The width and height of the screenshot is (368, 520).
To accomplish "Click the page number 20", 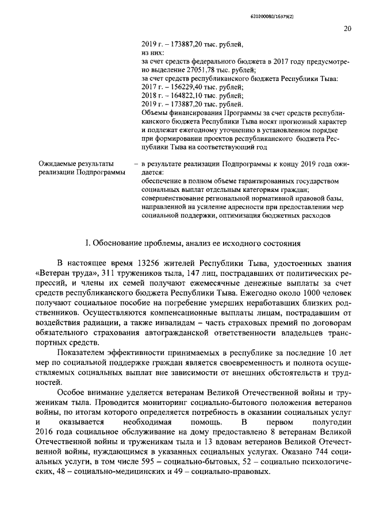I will [347, 29].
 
